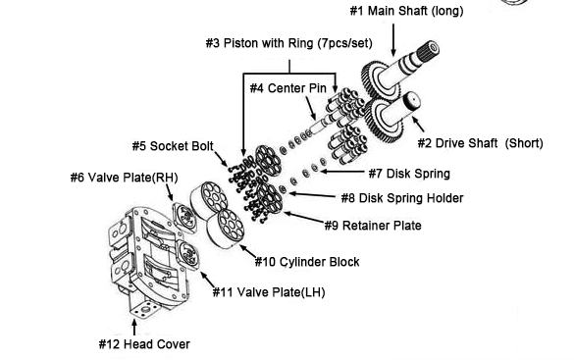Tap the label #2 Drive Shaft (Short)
coord(481,143)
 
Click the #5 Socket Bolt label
coord(176,146)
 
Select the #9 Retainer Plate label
coord(373,226)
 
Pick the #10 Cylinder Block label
coord(306,262)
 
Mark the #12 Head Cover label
coord(143,344)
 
